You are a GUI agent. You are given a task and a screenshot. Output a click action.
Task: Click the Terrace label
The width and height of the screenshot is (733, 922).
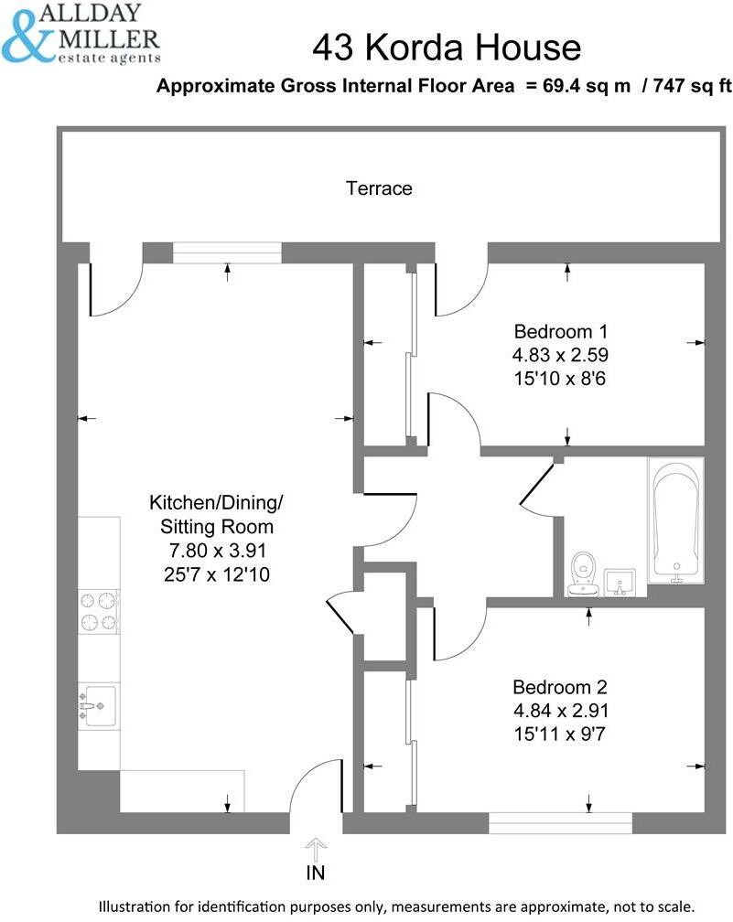click(379, 188)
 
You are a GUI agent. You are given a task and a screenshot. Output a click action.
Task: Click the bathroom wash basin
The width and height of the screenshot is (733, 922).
click(623, 581)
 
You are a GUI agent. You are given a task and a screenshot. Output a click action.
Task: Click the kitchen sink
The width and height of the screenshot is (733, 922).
click(97, 705)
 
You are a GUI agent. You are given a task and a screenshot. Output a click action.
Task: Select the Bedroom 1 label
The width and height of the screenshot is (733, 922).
click(561, 331)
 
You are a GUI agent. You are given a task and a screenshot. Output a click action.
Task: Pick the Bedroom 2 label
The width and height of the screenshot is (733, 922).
click(560, 687)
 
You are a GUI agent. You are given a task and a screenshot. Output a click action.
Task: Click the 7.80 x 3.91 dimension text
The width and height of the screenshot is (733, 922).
click(217, 551)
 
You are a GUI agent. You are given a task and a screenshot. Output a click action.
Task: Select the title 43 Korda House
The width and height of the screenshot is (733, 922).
click(446, 48)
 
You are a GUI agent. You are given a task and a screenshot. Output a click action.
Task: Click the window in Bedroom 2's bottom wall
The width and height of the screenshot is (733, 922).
click(560, 822)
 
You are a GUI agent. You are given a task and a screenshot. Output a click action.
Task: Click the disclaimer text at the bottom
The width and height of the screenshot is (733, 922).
click(403, 904)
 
